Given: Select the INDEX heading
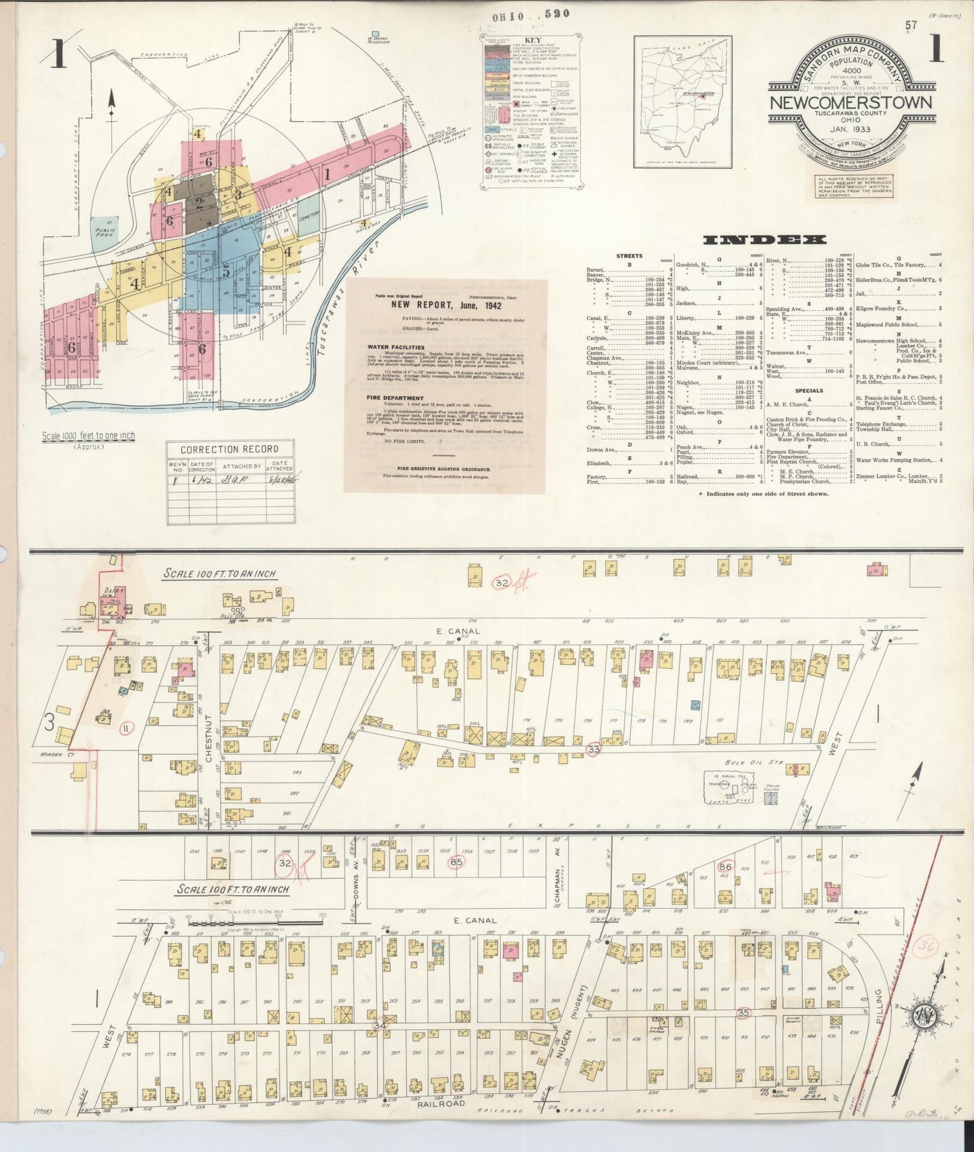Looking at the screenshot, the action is [764, 239].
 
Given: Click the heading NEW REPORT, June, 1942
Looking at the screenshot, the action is [445, 305].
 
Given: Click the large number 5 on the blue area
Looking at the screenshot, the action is [226, 271].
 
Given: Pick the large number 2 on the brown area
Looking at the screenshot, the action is [199, 201].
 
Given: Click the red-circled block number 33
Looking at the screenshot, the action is [593, 749].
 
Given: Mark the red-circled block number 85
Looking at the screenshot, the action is [456, 861].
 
